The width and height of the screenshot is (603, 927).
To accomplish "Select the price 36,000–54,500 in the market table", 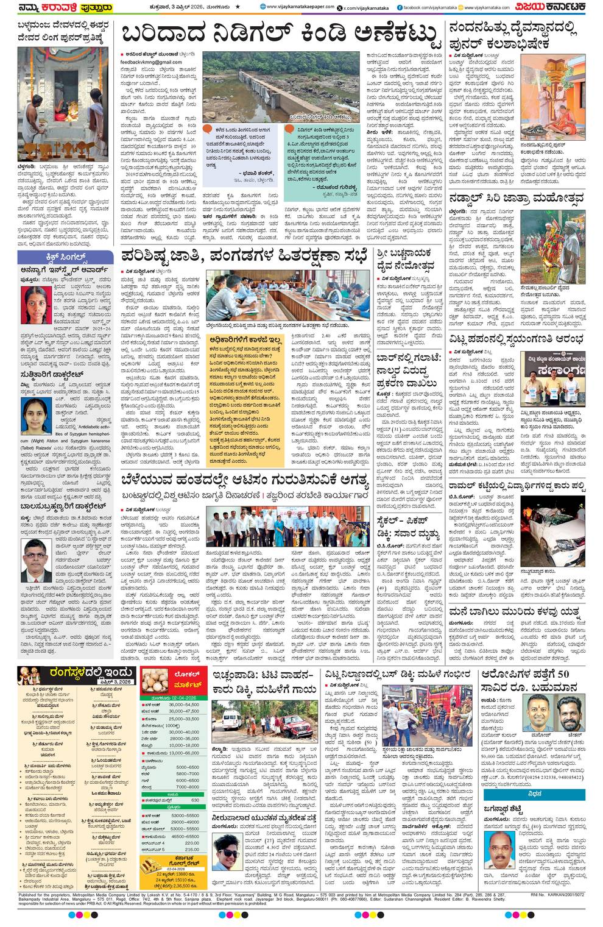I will pyautogui.click(x=184, y=705).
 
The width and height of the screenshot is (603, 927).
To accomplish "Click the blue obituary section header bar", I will pyautogui.click(x=534, y=794).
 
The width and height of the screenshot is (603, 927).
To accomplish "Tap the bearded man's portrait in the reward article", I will pyautogui.click(x=570, y=712).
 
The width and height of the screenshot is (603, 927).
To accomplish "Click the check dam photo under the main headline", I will pyautogui.click(x=281, y=85).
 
